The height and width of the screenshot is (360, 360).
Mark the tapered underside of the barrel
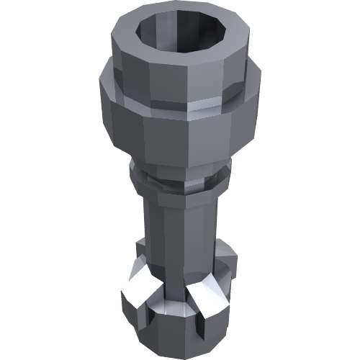180,163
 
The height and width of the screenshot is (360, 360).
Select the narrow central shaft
176,230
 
